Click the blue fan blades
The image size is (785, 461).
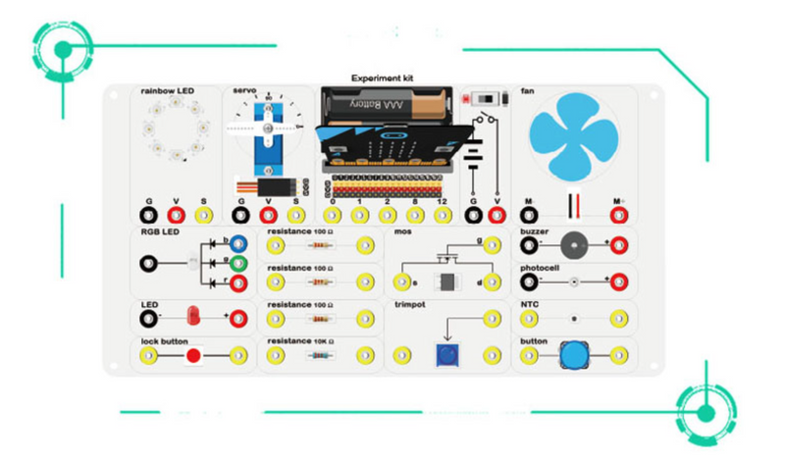pyautogui.click(x=577, y=134)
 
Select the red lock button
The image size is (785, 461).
pyautogui.click(x=194, y=354)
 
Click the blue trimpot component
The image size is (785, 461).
pyautogui.click(x=448, y=354)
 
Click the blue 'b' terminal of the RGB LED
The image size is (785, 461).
pyautogui.click(x=237, y=242)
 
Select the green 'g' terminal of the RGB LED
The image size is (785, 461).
pyautogui.click(x=237, y=263)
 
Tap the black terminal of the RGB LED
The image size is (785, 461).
pyautogui.click(x=149, y=263)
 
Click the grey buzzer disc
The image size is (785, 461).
pyautogui.click(x=575, y=245)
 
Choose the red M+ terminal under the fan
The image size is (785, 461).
pyautogui.click(x=619, y=214)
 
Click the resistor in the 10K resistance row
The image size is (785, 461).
pyautogui.click(x=319, y=354)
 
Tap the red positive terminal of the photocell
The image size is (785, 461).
pyautogui.click(x=619, y=282)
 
